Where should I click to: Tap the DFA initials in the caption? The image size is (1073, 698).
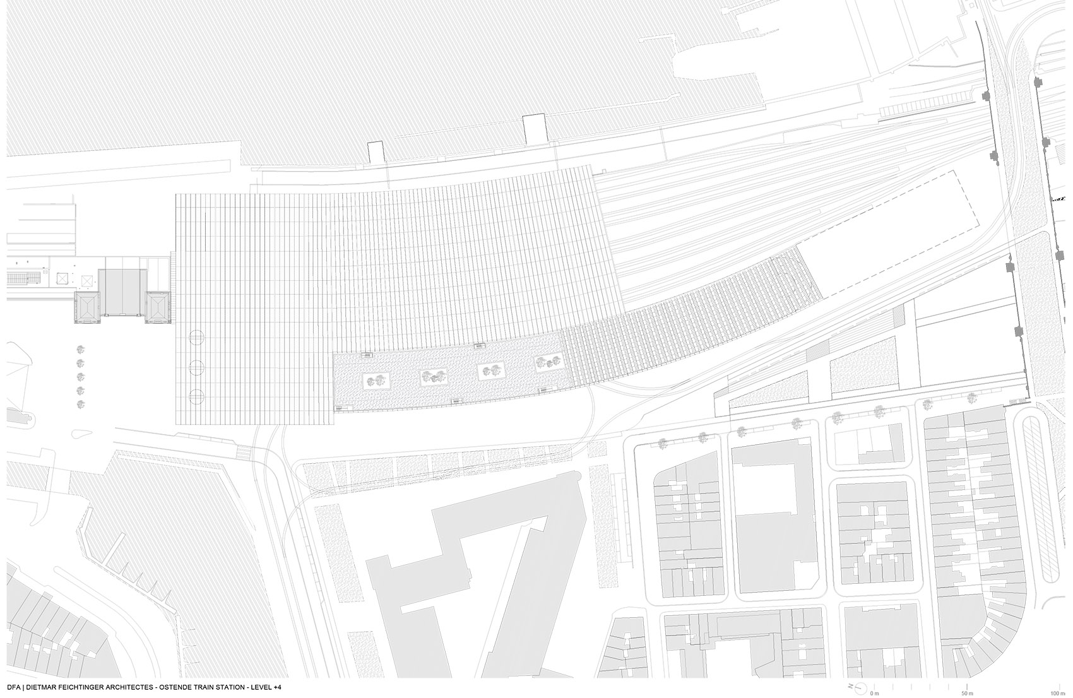click(15, 686)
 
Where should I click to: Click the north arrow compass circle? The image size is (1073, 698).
click(856, 685)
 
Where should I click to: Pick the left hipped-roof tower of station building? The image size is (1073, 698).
click(88, 309)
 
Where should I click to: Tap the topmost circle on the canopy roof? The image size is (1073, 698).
click(197, 338)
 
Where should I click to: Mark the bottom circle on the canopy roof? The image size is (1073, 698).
click(197, 396)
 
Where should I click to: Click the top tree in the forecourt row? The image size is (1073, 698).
click(81, 349)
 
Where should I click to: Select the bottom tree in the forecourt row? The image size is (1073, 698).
click(81, 405)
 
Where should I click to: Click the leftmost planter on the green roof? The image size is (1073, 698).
click(377, 381)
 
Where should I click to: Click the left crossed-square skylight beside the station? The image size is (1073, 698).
click(62, 278)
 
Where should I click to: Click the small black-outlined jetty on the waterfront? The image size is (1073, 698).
click(376, 151)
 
